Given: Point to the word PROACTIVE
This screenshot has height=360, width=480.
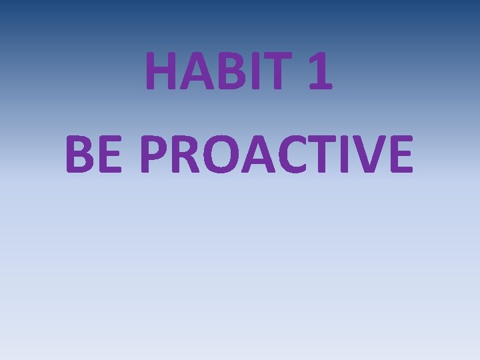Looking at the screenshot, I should click(277, 153).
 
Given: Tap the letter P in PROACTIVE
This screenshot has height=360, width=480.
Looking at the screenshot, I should click(158, 153).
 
